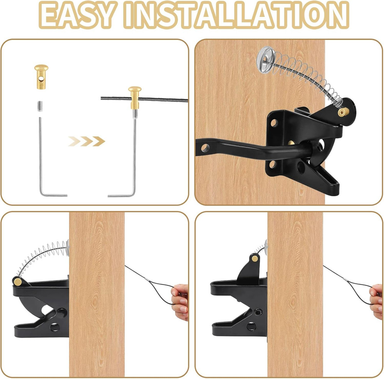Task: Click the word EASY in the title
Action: tap(79, 16)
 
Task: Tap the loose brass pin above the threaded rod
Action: tap(41, 77)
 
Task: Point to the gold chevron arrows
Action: tap(87, 141)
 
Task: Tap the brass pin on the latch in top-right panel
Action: tap(343, 112)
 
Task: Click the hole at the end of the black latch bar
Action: tap(205, 147)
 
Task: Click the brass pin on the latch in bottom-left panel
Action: tap(17, 282)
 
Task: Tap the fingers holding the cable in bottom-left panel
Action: tap(180, 301)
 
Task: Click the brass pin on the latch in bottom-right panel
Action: tap(255, 259)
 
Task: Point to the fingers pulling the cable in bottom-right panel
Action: tap(376, 301)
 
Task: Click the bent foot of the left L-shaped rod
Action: tap(54, 195)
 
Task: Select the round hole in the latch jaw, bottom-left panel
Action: tap(54, 326)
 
